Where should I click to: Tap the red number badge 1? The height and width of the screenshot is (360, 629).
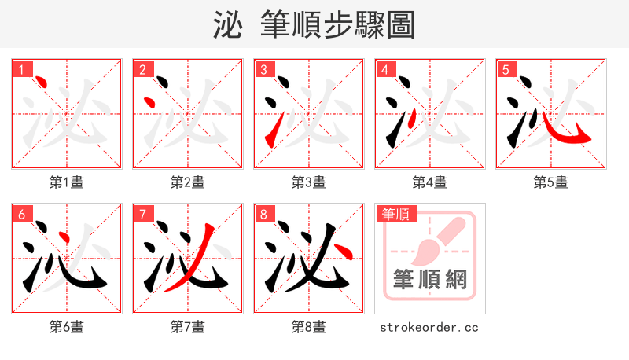pyautogui.click(x=20, y=69)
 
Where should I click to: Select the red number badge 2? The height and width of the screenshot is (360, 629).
pyautogui.click(x=142, y=69)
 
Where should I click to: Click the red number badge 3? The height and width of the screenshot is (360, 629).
pyautogui.click(x=263, y=69)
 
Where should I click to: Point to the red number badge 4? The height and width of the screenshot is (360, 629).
pyautogui.click(x=384, y=69)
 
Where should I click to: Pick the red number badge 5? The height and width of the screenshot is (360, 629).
pyautogui.click(x=505, y=69)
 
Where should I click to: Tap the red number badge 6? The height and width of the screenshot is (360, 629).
pyautogui.click(x=20, y=214)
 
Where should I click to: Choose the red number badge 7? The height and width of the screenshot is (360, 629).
pyautogui.click(x=142, y=214)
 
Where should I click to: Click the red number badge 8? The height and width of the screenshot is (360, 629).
pyautogui.click(x=263, y=214)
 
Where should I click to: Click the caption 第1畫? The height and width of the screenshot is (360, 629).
pyautogui.click(x=67, y=182)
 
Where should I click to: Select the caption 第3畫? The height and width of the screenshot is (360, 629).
pyautogui.click(x=309, y=182)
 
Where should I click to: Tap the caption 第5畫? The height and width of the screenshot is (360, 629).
pyautogui.click(x=551, y=182)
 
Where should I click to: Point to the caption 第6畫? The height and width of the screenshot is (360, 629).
pyautogui.click(x=67, y=327)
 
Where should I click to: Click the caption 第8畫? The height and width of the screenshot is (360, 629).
pyautogui.click(x=309, y=327)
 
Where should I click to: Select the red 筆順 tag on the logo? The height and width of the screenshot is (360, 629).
pyautogui.click(x=395, y=214)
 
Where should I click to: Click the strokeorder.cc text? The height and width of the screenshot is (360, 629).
pyautogui.click(x=429, y=327)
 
